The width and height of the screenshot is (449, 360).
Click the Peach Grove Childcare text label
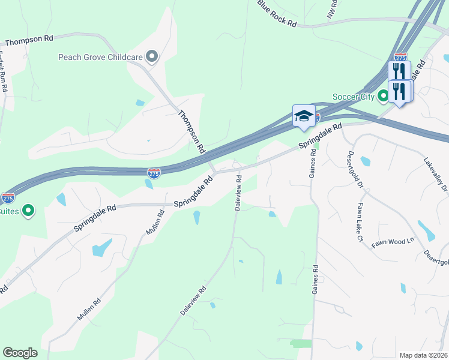(x=100, y=58)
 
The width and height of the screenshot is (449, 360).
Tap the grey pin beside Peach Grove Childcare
(x=152, y=58)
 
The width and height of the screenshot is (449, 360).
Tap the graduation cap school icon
(x=304, y=116)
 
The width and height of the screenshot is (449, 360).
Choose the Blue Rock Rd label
(x=277, y=14)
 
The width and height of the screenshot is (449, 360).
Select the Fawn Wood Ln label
(x=393, y=242)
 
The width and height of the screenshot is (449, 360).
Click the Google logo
(x=20, y=353)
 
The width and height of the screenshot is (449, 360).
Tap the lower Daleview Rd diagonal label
(x=193, y=301)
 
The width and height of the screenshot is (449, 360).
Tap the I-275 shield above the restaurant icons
(x=401, y=56)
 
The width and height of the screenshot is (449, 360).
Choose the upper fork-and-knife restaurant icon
(x=399, y=71)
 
